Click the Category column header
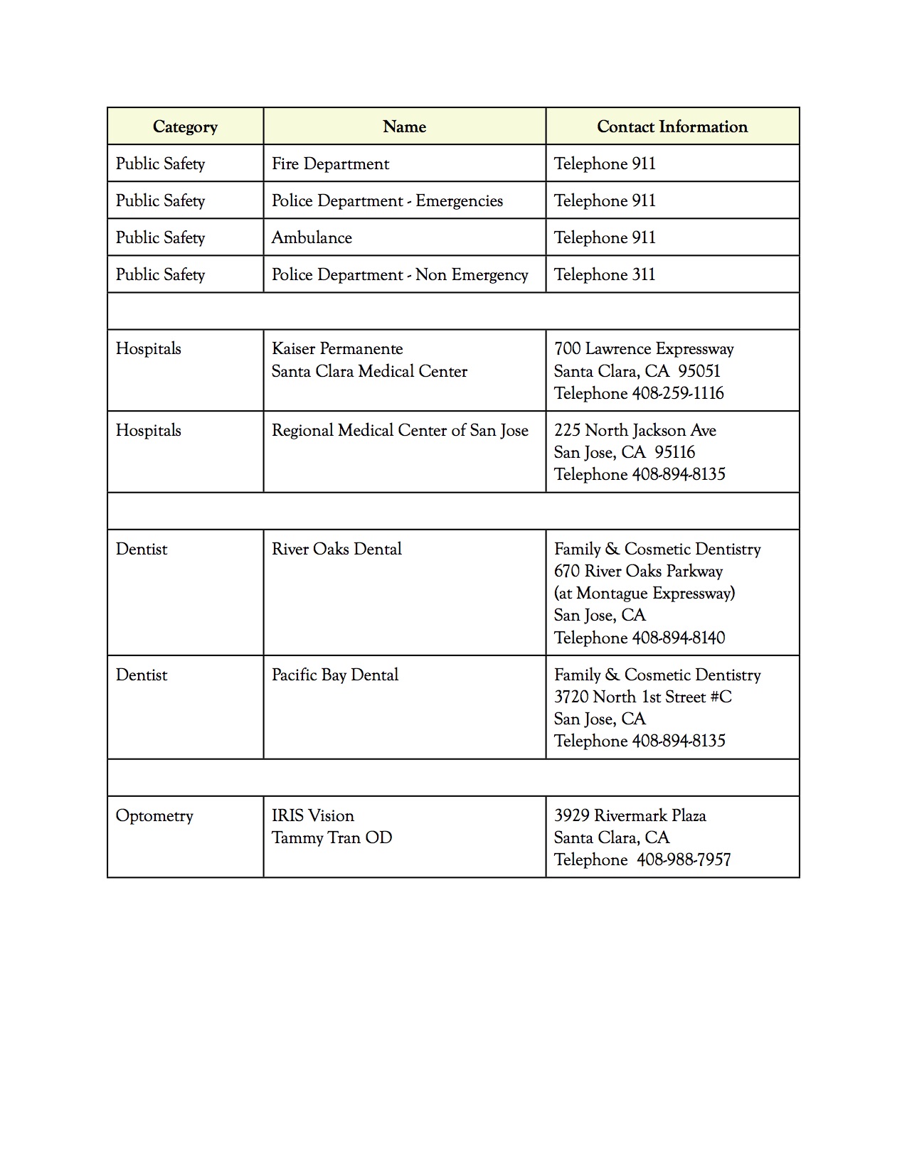[x=185, y=127]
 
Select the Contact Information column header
[x=672, y=127]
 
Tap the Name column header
[x=404, y=127]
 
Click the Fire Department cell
[x=330, y=164]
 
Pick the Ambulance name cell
[x=312, y=237]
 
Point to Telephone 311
[x=605, y=274]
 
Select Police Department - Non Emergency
[x=400, y=274]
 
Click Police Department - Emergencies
[x=387, y=200]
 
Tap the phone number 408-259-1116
[x=678, y=393]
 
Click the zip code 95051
[x=699, y=371]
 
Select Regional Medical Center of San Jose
[x=400, y=430]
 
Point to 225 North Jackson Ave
[x=635, y=430]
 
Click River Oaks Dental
[x=336, y=549]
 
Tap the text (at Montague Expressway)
[x=645, y=593]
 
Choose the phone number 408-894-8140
[x=679, y=638]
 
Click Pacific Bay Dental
[x=335, y=675]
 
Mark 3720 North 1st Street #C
[x=643, y=697]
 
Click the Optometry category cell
[x=154, y=815]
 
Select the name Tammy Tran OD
[x=331, y=837]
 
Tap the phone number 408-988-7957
[x=684, y=859]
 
